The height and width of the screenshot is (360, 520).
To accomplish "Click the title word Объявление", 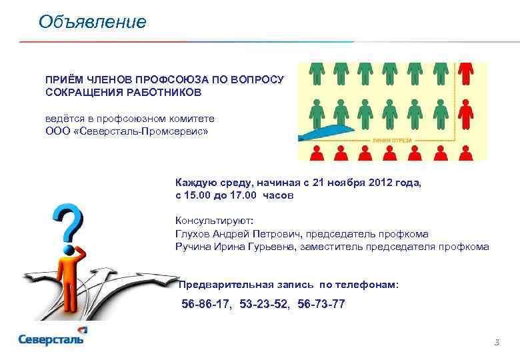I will [92, 22].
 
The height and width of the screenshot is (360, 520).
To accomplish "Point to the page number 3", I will [496, 343].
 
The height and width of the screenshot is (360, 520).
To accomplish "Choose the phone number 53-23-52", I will [265, 305].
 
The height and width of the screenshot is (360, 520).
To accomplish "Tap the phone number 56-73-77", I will [321, 305].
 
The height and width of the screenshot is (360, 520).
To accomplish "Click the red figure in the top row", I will [467, 73].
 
